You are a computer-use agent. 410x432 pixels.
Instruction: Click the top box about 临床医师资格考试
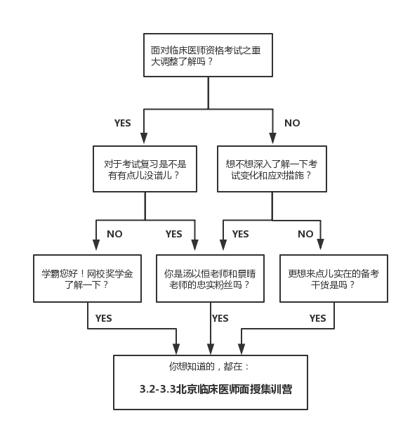tap(209, 55)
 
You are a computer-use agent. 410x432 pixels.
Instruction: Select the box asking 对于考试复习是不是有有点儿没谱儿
tap(145, 169)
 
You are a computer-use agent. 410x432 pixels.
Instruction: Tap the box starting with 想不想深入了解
tap(272, 169)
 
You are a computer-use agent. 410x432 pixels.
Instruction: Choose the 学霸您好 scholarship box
tap(87, 279)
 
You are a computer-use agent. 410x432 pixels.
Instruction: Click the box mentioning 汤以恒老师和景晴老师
tap(211, 279)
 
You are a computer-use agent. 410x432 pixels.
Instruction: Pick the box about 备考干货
tap(333, 279)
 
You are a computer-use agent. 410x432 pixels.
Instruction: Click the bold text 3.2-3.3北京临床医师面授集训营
tap(216, 389)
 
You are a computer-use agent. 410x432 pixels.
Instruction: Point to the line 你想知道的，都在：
tap(209, 367)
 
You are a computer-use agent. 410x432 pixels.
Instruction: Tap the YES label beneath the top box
tap(123, 123)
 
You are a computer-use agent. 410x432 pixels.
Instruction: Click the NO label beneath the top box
tap(292, 123)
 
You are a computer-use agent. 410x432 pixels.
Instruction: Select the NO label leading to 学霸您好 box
tap(114, 234)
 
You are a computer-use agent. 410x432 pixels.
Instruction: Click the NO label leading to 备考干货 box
tap(305, 234)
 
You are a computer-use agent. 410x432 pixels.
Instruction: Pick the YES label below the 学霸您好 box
tap(103, 318)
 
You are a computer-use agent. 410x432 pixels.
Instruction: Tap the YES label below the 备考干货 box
tap(317, 318)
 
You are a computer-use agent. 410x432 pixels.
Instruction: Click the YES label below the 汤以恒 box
tap(220, 318)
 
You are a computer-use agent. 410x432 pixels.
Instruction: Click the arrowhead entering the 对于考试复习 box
tap(144, 138)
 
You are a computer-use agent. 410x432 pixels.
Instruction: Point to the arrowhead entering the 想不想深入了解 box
tap(272, 138)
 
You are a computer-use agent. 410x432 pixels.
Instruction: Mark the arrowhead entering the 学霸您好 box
tap(95, 245)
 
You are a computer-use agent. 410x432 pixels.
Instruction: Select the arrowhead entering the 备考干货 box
tap(321, 244)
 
